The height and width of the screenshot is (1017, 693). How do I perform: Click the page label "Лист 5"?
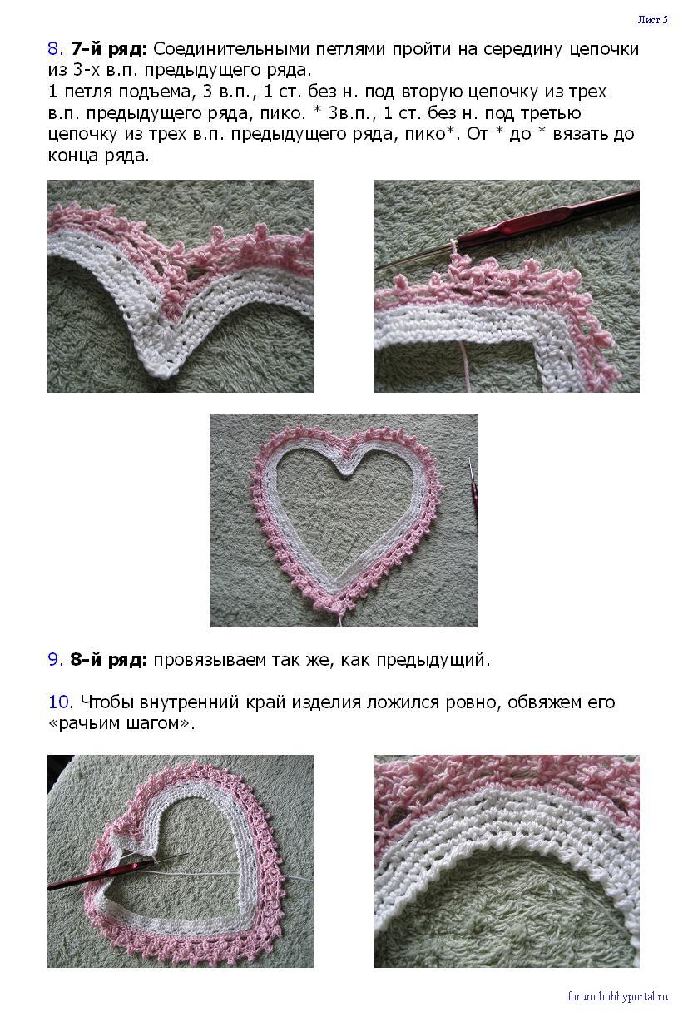coord(652,19)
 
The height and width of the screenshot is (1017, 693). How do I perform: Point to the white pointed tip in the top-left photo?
coord(160,371)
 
